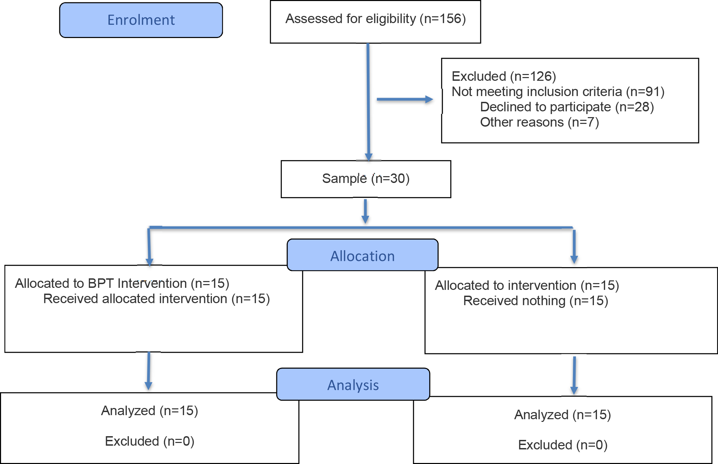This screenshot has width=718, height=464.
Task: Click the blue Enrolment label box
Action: [x=141, y=20]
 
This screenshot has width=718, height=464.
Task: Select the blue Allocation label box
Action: [x=362, y=255]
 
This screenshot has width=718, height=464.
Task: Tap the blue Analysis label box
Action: [x=353, y=384]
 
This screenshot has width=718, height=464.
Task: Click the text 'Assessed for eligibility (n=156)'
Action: [x=376, y=19]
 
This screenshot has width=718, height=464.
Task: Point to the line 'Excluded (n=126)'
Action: [x=504, y=77]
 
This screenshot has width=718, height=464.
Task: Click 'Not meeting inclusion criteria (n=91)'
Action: [x=558, y=92]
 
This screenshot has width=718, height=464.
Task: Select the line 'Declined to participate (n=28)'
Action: [x=567, y=107]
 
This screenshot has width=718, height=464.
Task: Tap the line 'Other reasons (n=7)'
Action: [x=539, y=123]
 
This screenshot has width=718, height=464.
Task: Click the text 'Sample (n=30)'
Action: [x=366, y=179]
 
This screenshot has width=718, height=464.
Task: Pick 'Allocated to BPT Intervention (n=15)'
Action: [x=122, y=283]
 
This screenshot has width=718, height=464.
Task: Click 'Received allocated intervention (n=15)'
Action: [x=157, y=299]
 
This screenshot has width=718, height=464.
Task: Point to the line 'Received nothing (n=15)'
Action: [x=536, y=301]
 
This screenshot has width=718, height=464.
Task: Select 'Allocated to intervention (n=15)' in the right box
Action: [x=527, y=286]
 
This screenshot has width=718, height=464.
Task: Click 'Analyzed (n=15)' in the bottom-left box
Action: [x=149, y=411]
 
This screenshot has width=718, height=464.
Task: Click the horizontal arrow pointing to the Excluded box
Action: [x=405, y=99]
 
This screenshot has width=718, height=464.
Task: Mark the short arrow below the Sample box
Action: [x=365, y=211]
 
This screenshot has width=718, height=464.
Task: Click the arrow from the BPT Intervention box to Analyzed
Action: [x=148, y=371]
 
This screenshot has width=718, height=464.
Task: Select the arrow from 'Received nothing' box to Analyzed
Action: [x=574, y=375]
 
